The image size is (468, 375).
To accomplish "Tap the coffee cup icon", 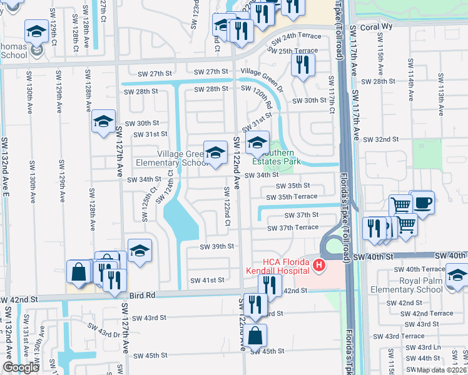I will click(x=423, y=202).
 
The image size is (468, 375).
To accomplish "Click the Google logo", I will click(x=21, y=367).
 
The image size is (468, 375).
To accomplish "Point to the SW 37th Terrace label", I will click(x=293, y=228).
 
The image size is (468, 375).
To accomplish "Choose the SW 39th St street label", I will click(x=216, y=247).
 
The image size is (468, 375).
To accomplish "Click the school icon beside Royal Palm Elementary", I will click(x=457, y=275).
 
